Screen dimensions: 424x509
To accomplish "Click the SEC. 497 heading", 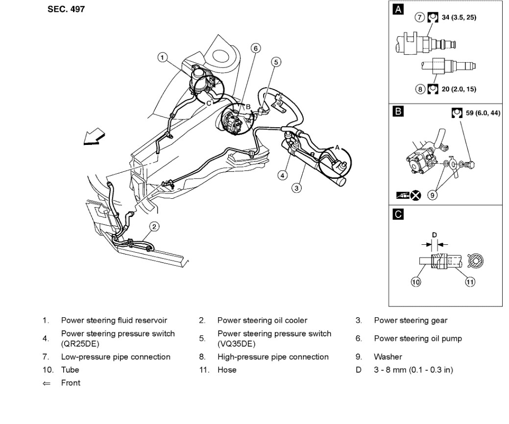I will [66, 9].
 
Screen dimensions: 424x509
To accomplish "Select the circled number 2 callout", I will [154, 226].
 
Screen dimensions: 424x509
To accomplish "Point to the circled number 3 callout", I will [295, 188].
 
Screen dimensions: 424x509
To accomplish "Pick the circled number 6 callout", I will [255, 48].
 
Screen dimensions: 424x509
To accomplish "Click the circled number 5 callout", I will [276, 62].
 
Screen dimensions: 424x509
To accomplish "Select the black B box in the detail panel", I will [399, 112].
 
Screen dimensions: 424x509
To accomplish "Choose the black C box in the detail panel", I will [399, 214].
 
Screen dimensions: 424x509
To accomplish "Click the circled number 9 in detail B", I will [432, 195].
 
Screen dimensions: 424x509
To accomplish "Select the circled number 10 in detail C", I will [416, 283].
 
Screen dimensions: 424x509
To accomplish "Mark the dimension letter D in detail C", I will [434, 235].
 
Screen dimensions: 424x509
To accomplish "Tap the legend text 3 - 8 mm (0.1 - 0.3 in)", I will [413, 370].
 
